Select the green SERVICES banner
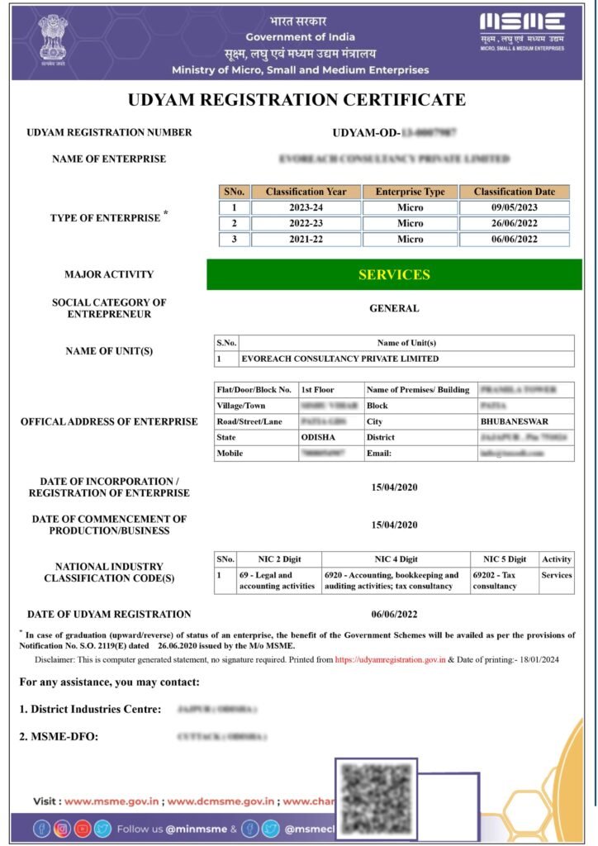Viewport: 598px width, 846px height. [x=394, y=274]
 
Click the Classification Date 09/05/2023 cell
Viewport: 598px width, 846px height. [x=514, y=207]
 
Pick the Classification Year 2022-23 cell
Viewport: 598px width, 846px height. [x=306, y=223]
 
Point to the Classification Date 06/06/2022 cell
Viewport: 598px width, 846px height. [x=514, y=239]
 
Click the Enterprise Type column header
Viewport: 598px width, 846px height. [x=410, y=192]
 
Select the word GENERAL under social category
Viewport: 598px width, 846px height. [x=394, y=308]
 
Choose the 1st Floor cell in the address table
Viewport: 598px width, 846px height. [x=317, y=389]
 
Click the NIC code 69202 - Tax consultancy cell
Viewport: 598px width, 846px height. [x=503, y=581]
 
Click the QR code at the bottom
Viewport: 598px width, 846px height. [x=376, y=798]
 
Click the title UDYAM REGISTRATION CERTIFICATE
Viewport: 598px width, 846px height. [x=297, y=100]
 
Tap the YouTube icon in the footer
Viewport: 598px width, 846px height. [x=83, y=829]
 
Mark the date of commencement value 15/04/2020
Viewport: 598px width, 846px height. [x=394, y=525]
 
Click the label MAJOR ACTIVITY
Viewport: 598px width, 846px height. [x=108, y=274]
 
